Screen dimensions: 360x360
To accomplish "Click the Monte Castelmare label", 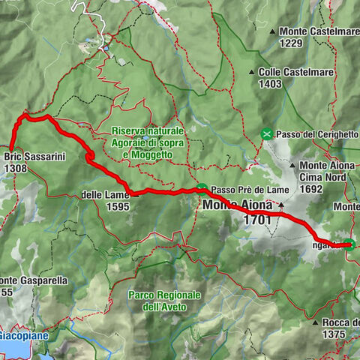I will click(x=318, y=31).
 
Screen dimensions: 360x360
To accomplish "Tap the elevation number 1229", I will click(x=292, y=43).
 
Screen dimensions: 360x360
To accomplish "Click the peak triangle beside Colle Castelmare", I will click(x=251, y=73).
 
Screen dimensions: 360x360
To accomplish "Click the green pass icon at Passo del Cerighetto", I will click(x=266, y=133).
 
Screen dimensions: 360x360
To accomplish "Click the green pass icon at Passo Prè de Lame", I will click(x=202, y=189).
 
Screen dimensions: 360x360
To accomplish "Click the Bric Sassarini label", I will click(x=35, y=157).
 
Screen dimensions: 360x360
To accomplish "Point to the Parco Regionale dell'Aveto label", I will click(x=164, y=289).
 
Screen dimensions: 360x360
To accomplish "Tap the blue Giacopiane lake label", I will click(x=24, y=335).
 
